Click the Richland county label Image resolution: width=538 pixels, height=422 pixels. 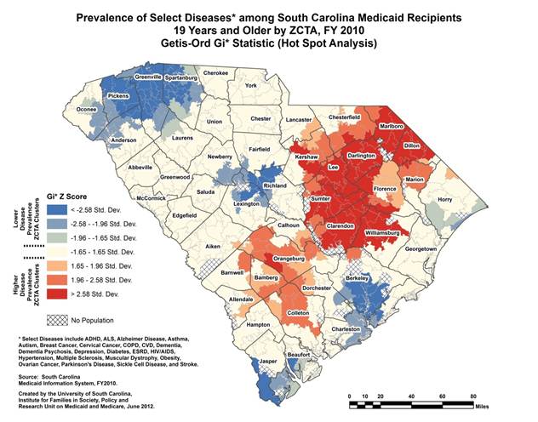[x=274, y=185]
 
